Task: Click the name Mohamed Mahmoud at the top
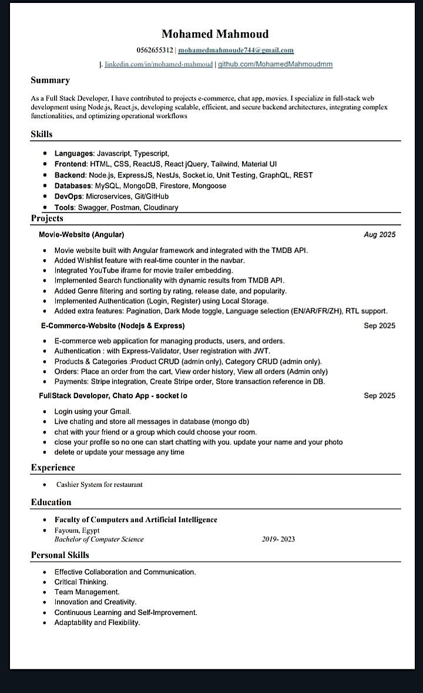215,33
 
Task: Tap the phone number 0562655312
155,51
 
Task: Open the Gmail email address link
236,51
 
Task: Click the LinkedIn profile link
159,64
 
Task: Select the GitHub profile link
275,64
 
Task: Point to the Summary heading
50,80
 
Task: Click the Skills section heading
41,134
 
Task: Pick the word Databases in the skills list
73,186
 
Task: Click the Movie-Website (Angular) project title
82,234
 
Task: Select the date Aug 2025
380,234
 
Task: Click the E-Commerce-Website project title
112,325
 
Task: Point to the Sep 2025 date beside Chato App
380,395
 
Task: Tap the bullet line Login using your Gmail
93,411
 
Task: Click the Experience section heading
53,467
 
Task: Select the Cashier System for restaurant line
99,485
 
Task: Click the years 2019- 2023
278,539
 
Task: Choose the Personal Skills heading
60,555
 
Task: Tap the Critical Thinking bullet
81,582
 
